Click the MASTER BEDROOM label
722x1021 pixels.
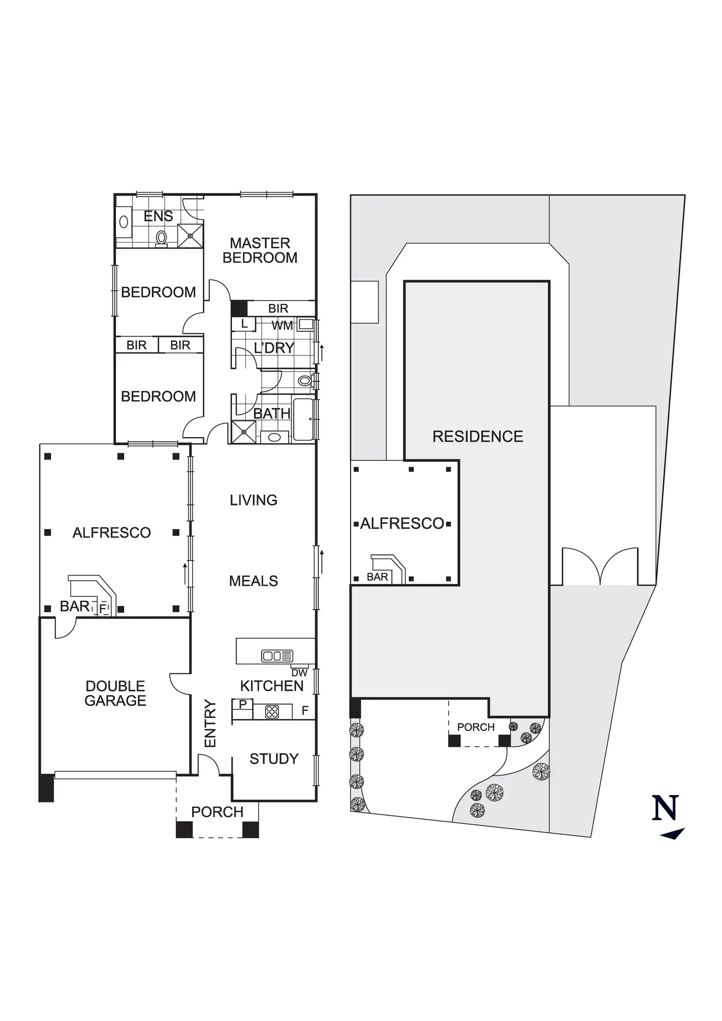pyautogui.click(x=260, y=250)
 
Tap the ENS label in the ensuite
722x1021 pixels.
pyautogui.click(x=158, y=216)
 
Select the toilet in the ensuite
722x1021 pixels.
pyautogui.click(x=161, y=237)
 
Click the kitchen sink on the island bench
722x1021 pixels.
pyautogui.click(x=277, y=656)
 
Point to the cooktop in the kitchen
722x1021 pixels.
pyautogui.click(x=272, y=712)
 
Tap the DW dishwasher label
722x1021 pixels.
pyautogui.click(x=299, y=673)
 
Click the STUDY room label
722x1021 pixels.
pyautogui.click(x=274, y=759)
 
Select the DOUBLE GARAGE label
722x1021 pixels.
pyautogui.click(x=115, y=693)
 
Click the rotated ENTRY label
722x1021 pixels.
pyautogui.click(x=211, y=724)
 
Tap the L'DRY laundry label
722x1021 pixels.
pyautogui.click(x=274, y=348)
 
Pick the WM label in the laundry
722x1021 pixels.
pyautogui.click(x=282, y=325)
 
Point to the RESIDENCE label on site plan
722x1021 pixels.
pyautogui.click(x=478, y=436)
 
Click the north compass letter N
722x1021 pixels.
pyautogui.click(x=665, y=808)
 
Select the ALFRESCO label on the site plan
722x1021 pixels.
pyautogui.click(x=402, y=523)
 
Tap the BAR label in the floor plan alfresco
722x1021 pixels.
pyautogui.click(x=75, y=606)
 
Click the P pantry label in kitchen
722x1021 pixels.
pyautogui.click(x=243, y=704)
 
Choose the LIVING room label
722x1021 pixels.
pyautogui.click(x=253, y=500)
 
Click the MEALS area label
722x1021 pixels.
pyautogui.click(x=253, y=581)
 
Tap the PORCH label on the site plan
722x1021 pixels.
pyautogui.click(x=476, y=727)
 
